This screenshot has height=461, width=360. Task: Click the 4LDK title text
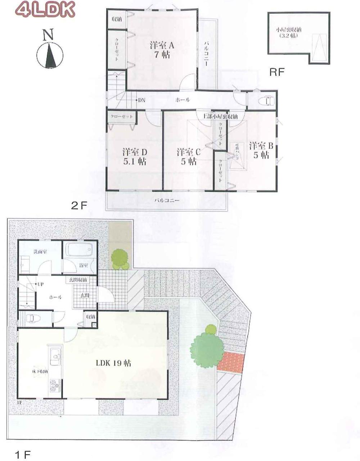(x=45, y=10)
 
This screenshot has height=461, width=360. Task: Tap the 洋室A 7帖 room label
(x=162, y=50)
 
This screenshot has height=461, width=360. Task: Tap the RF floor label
(x=277, y=72)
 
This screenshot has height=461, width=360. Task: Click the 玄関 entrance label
(x=84, y=295)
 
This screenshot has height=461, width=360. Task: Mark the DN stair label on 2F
(x=141, y=100)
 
